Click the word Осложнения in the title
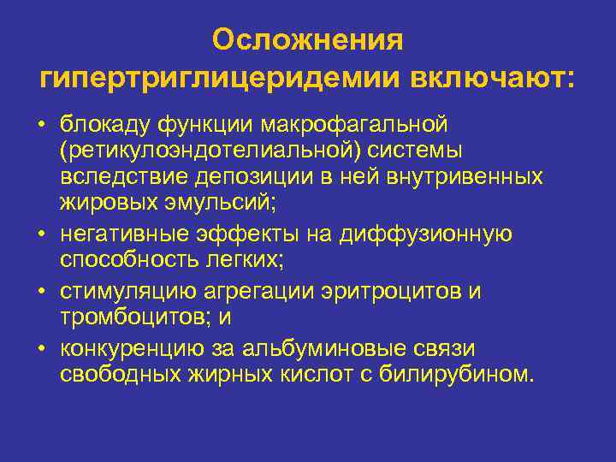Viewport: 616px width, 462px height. point(308,39)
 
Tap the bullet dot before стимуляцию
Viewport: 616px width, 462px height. point(41,293)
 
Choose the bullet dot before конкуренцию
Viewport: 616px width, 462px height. point(41,349)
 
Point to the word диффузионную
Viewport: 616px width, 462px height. point(430,234)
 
